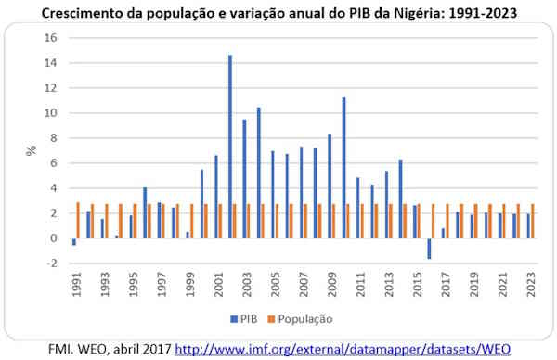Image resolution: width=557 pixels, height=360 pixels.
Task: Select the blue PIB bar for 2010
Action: (x=343, y=168)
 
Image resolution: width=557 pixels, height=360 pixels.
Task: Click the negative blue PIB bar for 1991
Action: (x=73, y=241)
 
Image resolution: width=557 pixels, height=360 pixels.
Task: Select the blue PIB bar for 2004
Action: (x=258, y=173)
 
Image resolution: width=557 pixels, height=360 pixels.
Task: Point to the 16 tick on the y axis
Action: (x=52, y=38)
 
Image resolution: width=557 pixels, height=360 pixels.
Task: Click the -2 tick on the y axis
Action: (x=52, y=264)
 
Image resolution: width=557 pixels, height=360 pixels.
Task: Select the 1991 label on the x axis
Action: (x=75, y=284)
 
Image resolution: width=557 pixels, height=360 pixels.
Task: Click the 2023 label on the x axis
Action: (x=531, y=284)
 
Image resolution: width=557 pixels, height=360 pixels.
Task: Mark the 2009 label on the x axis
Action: (x=331, y=284)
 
